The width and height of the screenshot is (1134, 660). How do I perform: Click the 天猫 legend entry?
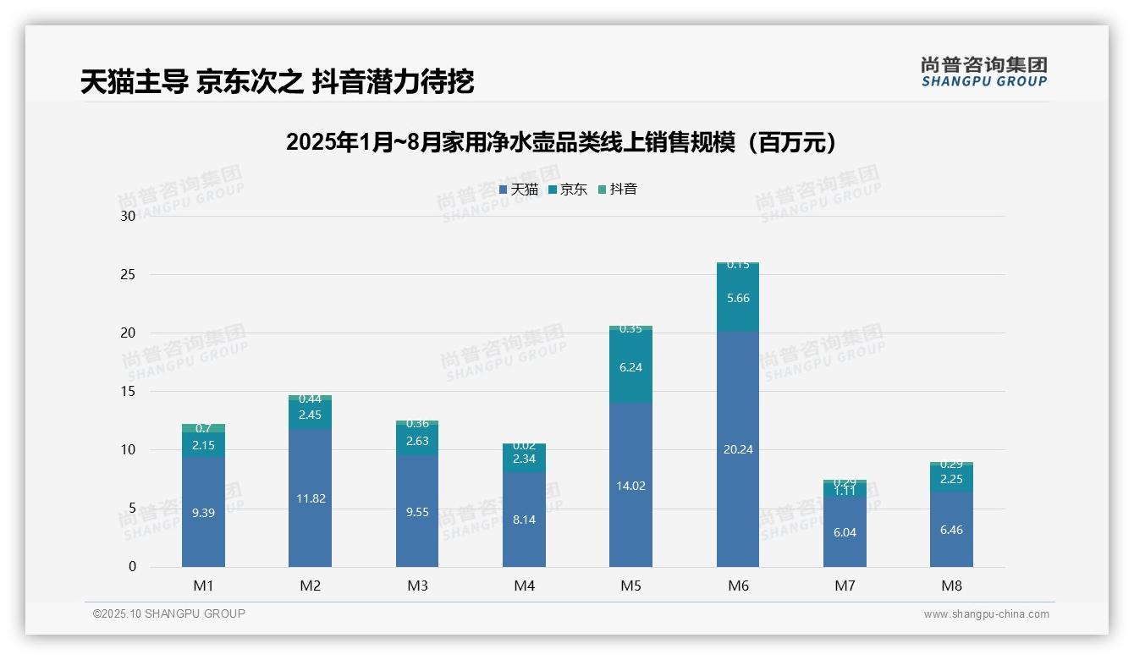coord(519,190)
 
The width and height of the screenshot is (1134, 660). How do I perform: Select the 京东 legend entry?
coord(568,190)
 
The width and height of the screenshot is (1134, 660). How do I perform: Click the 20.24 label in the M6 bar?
coord(738,449)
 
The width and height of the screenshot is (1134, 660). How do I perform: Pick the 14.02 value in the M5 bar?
coord(630,486)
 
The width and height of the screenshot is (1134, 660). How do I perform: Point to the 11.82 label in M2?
coord(310,498)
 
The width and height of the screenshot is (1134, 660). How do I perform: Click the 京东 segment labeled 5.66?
coord(738,298)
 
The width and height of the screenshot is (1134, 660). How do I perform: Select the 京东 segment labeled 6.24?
coord(630,367)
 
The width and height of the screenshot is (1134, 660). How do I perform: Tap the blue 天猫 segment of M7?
coord(845,532)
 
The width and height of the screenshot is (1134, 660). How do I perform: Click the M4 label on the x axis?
coord(524,586)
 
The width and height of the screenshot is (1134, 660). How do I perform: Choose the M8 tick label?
coord(951,586)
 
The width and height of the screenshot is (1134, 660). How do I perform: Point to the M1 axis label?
coord(203,586)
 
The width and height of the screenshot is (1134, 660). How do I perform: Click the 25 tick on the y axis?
coord(129,274)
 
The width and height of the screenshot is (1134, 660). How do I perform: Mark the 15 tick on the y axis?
coord(129,391)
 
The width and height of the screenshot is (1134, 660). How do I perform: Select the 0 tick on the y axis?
coord(132,567)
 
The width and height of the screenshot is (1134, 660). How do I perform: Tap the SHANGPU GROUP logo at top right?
coord(983,72)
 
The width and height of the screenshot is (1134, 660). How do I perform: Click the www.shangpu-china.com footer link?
coord(986,614)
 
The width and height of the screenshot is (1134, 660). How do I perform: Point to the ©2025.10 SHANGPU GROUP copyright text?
coord(169,613)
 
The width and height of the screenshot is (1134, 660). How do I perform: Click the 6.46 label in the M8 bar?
coord(951,530)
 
